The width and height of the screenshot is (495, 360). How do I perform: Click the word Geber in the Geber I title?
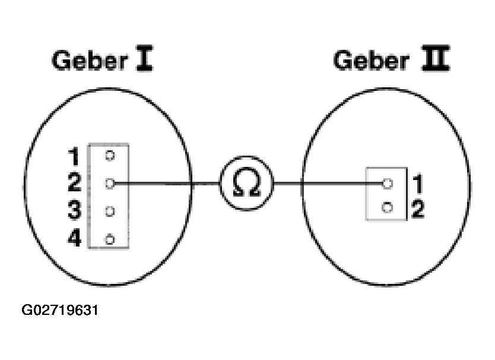coord(90,60)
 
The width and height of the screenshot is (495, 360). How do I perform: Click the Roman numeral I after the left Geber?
coord(144,58)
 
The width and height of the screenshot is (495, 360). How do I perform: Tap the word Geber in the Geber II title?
coord(372,60)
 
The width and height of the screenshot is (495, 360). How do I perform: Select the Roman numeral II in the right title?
coord(436,58)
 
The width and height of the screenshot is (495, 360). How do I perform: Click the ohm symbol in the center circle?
coord(246,183)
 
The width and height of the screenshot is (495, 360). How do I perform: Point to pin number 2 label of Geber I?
coord(75,183)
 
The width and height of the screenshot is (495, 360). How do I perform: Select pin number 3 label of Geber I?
coord(75,210)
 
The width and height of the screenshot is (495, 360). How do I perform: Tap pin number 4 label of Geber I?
coord(75,238)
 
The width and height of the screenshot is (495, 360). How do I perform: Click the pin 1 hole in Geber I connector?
coord(110,156)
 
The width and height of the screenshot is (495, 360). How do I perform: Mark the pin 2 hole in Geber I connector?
coord(110,184)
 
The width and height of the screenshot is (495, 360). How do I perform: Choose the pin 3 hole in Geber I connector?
coord(110,211)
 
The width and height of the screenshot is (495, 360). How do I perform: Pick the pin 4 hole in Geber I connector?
coord(110,239)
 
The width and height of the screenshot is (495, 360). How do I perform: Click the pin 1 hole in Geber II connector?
coord(388,184)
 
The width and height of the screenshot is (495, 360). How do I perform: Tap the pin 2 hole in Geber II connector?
coord(388,208)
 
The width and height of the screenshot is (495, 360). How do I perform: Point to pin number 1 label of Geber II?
coord(418,184)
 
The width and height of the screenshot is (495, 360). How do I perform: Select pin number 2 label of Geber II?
coord(418,209)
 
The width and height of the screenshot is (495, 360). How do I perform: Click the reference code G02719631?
coord(60,310)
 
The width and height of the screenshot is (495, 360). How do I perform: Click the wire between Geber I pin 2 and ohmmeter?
coord(167,184)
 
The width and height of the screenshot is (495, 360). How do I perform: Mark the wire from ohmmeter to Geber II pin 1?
coord(328,184)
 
